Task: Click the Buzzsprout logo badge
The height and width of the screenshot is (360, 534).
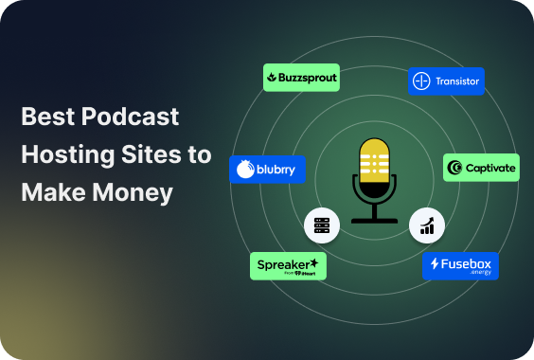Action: click(x=301, y=78)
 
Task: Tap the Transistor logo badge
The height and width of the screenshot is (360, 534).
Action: click(x=447, y=81)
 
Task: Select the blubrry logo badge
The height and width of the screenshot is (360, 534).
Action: click(x=267, y=170)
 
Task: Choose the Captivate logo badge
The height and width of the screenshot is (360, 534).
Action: click(x=482, y=168)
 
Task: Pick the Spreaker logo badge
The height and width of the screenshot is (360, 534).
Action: click(x=289, y=266)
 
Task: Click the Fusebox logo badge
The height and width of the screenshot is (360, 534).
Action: click(x=460, y=266)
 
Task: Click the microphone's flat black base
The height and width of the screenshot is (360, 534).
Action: click(x=375, y=219)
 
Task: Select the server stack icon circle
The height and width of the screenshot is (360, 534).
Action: click(x=321, y=225)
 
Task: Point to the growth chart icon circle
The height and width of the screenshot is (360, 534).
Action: click(x=427, y=225)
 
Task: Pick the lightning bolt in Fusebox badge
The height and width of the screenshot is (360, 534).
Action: click(x=435, y=264)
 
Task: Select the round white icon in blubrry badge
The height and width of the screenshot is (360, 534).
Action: click(x=245, y=171)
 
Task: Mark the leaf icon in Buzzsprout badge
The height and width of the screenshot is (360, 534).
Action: click(x=272, y=78)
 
